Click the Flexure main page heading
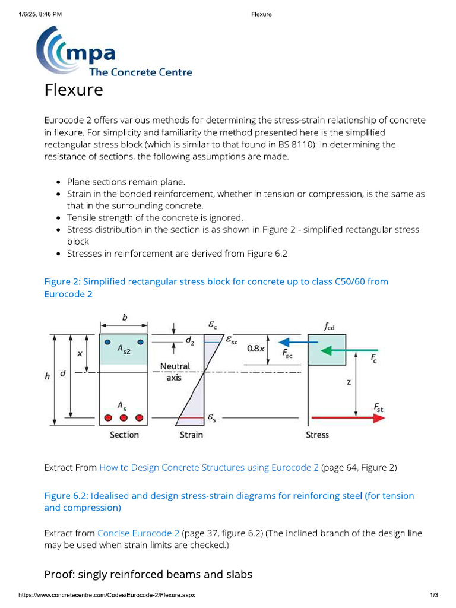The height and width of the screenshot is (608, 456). click(x=74, y=90)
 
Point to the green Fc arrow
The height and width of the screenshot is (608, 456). click(x=347, y=351)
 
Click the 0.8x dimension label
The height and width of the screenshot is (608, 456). click(x=256, y=349)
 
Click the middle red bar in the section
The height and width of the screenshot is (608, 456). click(x=123, y=418)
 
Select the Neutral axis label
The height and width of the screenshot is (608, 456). click(x=175, y=372)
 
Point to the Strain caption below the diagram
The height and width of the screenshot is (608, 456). click(x=191, y=435)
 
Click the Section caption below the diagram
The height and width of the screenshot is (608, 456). click(x=124, y=435)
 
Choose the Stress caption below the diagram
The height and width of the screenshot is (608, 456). click(x=317, y=435)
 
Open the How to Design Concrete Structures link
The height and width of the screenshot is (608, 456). click(x=209, y=467)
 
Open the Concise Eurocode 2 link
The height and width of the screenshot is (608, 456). click(x=138, y=533)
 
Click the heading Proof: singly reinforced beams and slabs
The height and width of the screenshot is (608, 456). click(x=148, y=574)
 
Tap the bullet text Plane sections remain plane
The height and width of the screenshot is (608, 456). click(x=126, y=182)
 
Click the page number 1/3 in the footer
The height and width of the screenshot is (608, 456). click(x=433, y=595)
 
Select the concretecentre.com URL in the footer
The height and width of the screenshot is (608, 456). click(x=106, y=595)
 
